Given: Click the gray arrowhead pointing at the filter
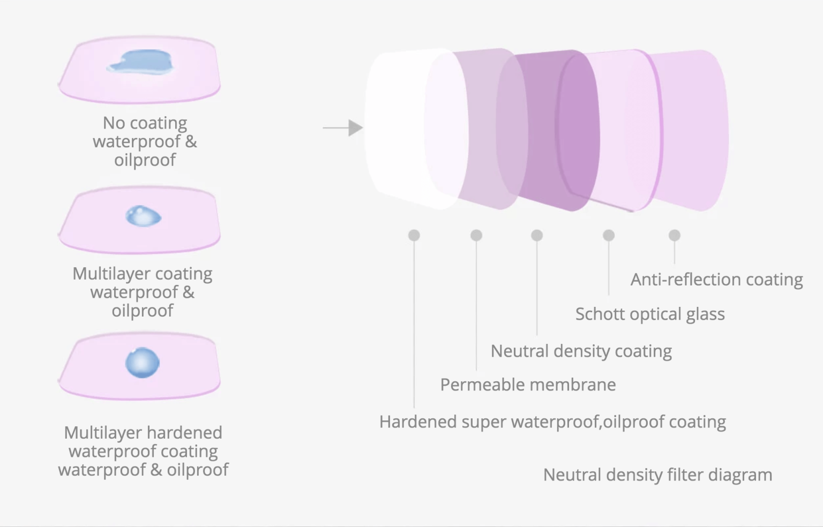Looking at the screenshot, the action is point(355,128).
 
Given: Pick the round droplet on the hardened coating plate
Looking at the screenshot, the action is point(143,363).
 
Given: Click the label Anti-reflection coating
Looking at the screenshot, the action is point(717,280).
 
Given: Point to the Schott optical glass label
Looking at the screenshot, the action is point(650,314).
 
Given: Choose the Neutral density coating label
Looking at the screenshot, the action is point(581,351).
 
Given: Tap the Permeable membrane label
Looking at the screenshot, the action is point(528,385).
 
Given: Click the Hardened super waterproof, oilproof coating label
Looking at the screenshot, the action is point(552,422).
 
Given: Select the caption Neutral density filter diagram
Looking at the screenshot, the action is point(657,475).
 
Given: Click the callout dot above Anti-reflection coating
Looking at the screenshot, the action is point(674,235).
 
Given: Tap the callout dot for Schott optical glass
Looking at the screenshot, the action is point(609,235).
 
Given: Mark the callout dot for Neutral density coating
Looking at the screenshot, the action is point(537,235).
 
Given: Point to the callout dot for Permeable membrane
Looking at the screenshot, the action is point(476,235).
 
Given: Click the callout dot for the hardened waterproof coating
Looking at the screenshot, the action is point(414,235).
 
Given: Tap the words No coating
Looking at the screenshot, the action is point(145,123).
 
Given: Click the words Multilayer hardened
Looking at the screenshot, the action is point(143,433).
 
